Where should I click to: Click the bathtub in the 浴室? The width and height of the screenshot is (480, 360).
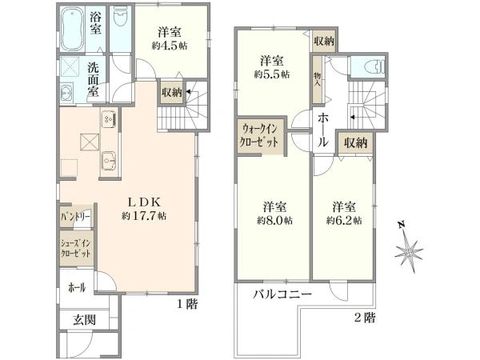[x=73, y=29]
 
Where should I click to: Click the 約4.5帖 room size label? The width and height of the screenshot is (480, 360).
[x=170, y=46]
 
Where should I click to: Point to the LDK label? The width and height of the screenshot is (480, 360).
[x=144, y=202]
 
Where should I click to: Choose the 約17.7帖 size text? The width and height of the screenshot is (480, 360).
[x=144, y=216]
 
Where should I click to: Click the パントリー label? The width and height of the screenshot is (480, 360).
[x=75, y=217]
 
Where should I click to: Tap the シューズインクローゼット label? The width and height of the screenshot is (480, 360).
[x=76, y=249]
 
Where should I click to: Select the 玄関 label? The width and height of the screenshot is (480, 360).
[x=85, y=320]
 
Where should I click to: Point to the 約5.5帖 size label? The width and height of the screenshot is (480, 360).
[x=272, y=74]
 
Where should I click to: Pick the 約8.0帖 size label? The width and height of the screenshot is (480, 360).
[x=274, y=221]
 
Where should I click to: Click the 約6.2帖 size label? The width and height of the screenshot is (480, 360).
[x=344, y=221]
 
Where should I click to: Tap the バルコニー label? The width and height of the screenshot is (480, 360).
[x=282, y=294]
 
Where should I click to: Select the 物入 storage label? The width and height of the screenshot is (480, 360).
[x=317, y=78]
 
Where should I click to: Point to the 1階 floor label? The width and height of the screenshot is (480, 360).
[x=188, y=304]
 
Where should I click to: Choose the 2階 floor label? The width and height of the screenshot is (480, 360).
[x=365, y=318]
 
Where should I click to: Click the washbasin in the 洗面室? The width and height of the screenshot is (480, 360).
[x=66, y=92]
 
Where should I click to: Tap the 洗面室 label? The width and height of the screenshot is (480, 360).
[x=94, y=79]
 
